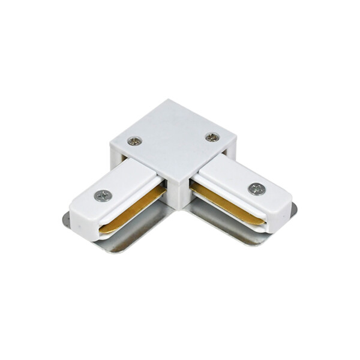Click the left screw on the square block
tap(134, 142)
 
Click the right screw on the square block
tap(212, 137)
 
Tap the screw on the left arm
tap(103, 195)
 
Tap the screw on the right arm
tap(257, 188)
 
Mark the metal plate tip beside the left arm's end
tap(66, 220)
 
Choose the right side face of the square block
tap(231, 150)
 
